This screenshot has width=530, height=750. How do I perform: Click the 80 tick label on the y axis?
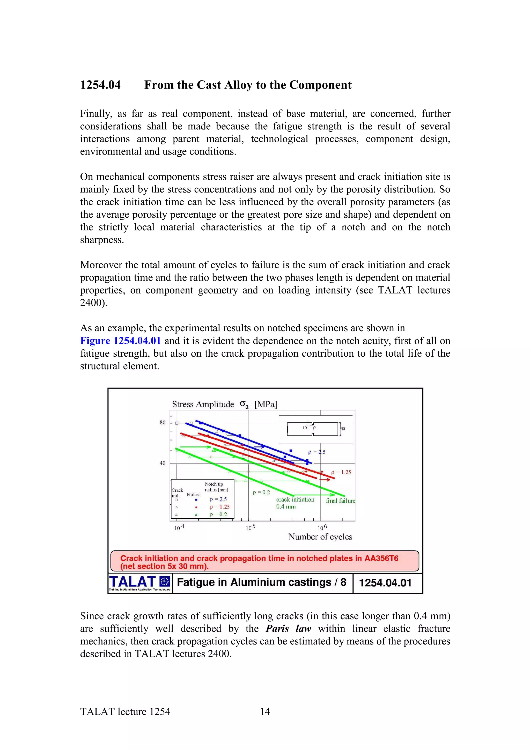[x=162, y=422]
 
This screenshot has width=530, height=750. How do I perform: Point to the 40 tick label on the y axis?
[x=162, y=463]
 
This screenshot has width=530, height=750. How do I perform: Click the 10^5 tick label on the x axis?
[x=251, y=527]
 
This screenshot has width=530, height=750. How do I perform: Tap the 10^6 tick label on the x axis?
[x=322, y=527]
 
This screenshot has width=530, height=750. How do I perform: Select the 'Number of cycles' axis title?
[x=320, y=537]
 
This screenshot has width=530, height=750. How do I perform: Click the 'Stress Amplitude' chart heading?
[x=203, y=405]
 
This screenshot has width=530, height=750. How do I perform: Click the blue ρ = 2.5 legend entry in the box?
[x=218, y=499]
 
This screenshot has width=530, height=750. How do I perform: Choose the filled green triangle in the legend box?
[x=196, y=514]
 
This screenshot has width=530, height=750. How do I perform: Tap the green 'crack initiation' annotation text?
[x=295, y=499]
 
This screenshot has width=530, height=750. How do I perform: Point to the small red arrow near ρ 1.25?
[x=325, y=480]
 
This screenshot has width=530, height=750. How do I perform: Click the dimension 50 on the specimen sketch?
[x=343, y=429]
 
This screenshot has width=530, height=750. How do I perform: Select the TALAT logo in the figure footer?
[x=139, y=583]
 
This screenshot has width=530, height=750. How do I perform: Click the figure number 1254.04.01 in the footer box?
[x=385, y=583]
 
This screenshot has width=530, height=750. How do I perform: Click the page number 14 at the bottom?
[x=265, y=711]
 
